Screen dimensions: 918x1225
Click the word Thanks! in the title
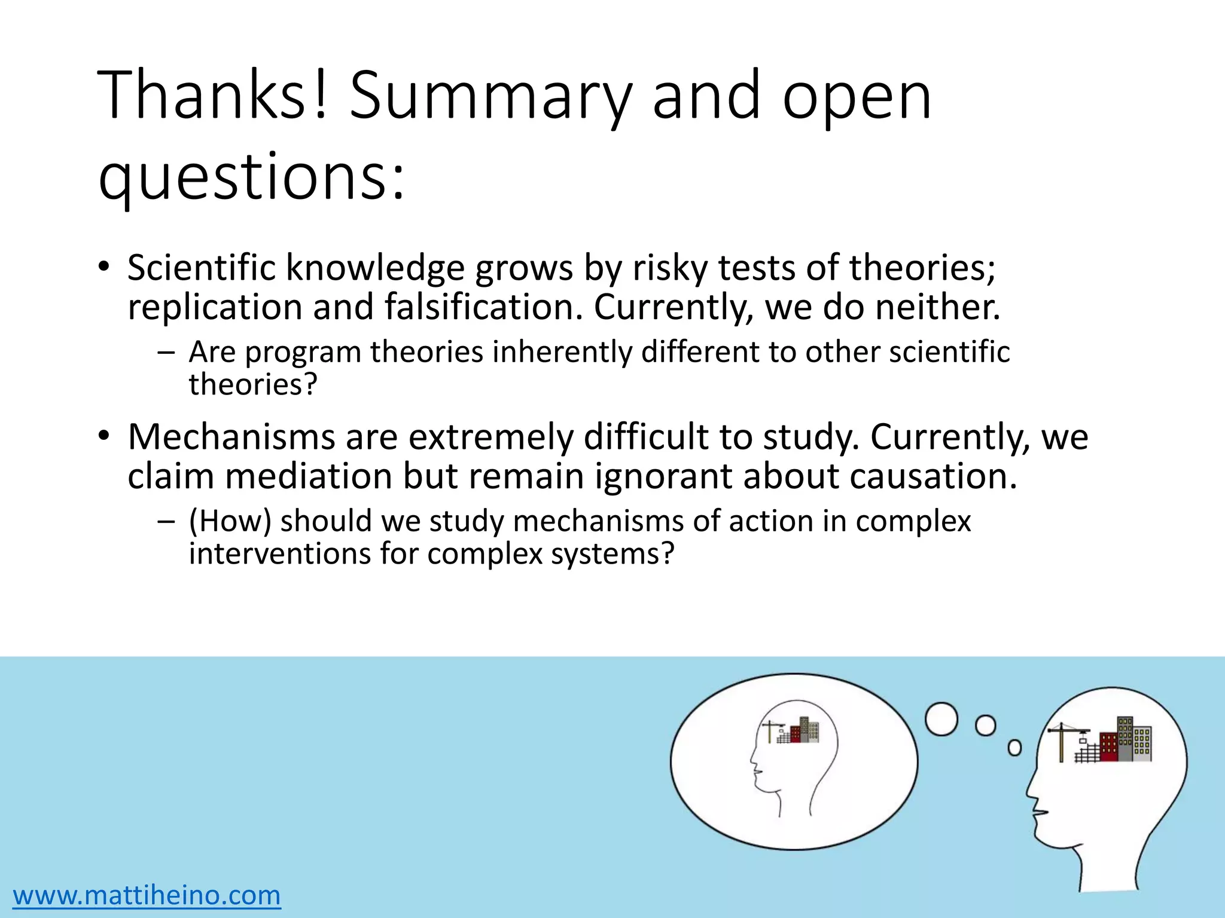(x=213, y=96)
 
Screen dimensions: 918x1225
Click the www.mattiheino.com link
(x=147, y=895)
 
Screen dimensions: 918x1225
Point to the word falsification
(x=482, y=307)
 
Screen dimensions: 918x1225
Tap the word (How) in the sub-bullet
(x=230, y=521)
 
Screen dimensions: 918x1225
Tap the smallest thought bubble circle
(x=1014, y=748)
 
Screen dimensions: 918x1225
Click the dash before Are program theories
(x=166, y=353)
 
